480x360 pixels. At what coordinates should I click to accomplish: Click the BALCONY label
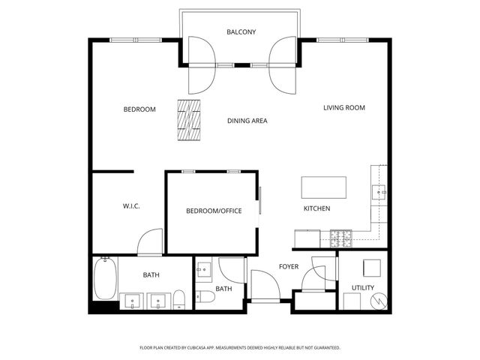[241, 32]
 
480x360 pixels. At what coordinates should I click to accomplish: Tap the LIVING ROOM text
[344, 108]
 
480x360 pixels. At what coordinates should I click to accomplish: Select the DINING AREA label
[247, 121]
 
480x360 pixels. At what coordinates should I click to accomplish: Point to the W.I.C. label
[132, 206]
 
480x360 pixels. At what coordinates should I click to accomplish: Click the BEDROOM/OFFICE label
[214, 211]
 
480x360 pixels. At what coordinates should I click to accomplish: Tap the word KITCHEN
[316, 208]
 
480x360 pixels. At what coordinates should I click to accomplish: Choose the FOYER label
[289, 267]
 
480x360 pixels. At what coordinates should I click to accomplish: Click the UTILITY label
[363, 288]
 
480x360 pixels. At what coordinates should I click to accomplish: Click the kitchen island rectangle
[324, 187]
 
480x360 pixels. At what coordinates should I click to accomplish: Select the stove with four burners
[341, 238]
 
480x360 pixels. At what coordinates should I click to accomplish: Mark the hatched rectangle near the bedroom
[190, 120]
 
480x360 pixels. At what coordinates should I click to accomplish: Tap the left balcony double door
[200, 64]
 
